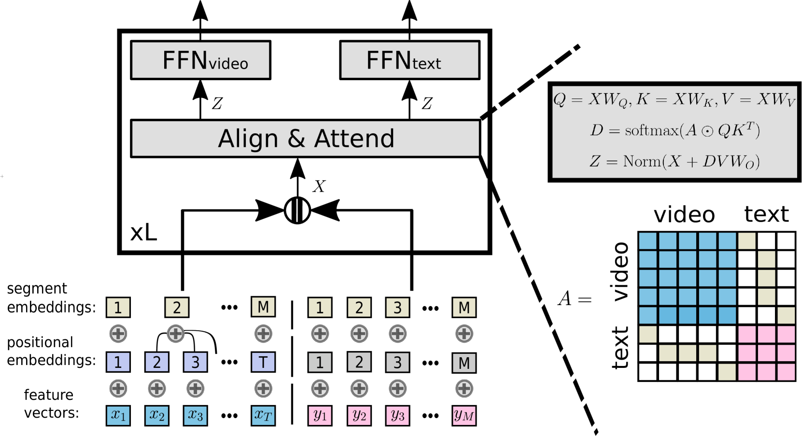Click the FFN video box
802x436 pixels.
click(200, 60)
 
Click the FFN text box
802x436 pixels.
click(409, 60)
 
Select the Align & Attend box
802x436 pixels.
click(305, 139)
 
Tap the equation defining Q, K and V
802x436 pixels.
click(674, 100)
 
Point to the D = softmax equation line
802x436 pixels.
click(674, 130)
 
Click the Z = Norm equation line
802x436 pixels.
click(674, 161)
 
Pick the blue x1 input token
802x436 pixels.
click(118, 416)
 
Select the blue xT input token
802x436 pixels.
click(263, 416)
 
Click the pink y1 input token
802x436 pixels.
click(320, 416)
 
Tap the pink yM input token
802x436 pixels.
click(464, 416)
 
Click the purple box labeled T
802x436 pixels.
click(263, 362)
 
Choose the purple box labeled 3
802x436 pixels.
click(195, 362)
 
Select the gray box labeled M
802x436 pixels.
click(464, 363)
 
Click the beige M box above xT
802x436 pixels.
click(263, 307)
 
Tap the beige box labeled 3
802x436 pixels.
click(397, 308)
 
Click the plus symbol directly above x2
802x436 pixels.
click(157, 388)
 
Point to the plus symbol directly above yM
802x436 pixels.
click(464, 388)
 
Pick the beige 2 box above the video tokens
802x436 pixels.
click(177, 308)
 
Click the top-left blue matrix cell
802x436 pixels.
click(647, 241)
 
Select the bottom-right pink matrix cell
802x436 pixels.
click(786, 372)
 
